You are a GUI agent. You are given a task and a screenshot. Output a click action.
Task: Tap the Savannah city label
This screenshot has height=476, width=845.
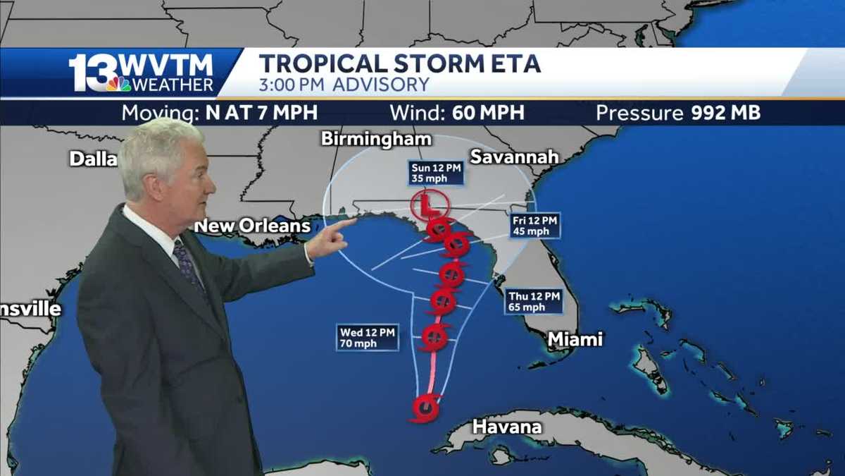coord(514,157)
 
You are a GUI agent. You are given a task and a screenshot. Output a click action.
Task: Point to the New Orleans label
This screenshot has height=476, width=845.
coord(252,226)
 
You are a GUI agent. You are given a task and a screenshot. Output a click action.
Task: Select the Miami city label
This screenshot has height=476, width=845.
coord(575,339)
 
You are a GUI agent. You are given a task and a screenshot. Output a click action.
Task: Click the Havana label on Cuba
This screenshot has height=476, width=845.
coord(507,426)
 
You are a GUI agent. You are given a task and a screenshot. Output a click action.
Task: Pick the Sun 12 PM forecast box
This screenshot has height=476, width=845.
coord(437,172)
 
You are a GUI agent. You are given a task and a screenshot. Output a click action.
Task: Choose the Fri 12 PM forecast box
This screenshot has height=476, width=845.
coord(535,226)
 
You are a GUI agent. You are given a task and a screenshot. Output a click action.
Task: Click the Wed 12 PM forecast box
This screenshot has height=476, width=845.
coord(367,337)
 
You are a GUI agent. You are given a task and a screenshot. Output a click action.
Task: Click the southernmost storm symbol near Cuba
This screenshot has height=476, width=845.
coord(425,407)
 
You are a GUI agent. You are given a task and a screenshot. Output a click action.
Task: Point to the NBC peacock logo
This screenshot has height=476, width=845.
coord(119,84)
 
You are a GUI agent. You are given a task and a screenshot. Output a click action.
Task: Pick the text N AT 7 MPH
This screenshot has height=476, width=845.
coord(261,113)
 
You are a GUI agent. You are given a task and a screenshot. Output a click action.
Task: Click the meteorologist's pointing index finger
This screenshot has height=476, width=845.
coord(345,224)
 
